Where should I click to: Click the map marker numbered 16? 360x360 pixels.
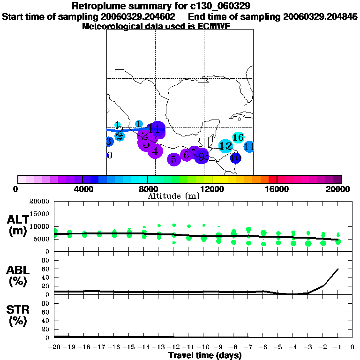(x=238, y=137)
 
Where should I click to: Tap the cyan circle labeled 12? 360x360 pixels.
(x=225, y=146)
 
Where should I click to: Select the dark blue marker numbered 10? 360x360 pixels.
(x=235, y=158)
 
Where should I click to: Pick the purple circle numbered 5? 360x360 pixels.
(x=174, y=159)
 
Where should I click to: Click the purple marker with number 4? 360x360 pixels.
(x=155, y=151)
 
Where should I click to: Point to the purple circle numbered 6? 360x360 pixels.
(x=187, y=155)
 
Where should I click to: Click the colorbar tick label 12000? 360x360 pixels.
(x=212, y=189)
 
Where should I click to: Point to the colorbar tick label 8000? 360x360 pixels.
(x=147, y=189)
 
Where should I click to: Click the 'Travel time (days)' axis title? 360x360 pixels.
(x=205, y=355)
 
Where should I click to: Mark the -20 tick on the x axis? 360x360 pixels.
(x=55, y=347)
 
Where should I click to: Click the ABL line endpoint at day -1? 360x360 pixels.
(x=337, y=269)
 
